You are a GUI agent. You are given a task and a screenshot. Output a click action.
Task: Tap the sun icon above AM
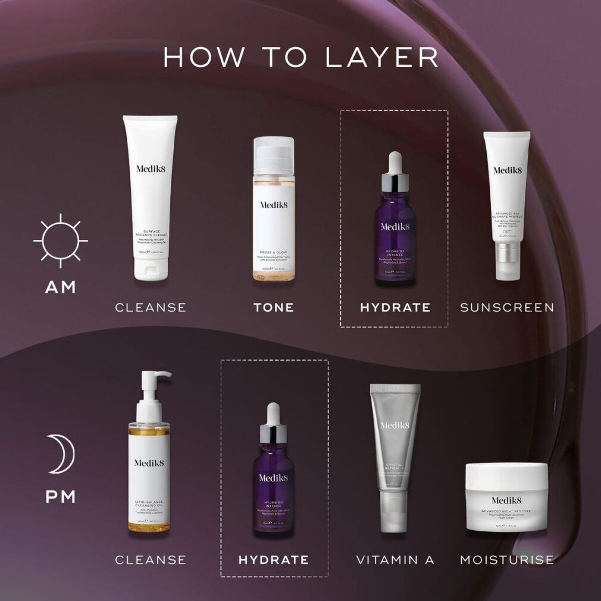60,240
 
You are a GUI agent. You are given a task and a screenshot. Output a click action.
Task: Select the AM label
61,287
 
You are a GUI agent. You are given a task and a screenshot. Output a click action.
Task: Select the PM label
61,496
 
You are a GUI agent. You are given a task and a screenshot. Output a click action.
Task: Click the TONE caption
274,308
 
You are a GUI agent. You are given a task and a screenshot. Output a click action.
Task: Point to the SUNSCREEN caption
507,308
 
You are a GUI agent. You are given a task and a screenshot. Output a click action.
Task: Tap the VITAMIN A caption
395,560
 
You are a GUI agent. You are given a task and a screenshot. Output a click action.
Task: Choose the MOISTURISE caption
507,560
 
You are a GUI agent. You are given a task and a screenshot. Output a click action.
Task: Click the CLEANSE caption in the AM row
151,308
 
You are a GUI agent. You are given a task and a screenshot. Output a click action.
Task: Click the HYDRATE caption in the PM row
274,560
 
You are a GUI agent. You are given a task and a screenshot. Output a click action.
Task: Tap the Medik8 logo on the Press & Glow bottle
274,205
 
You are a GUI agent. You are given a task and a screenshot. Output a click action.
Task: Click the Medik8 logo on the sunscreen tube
507,170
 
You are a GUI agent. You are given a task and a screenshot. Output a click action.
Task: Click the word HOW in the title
204,57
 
